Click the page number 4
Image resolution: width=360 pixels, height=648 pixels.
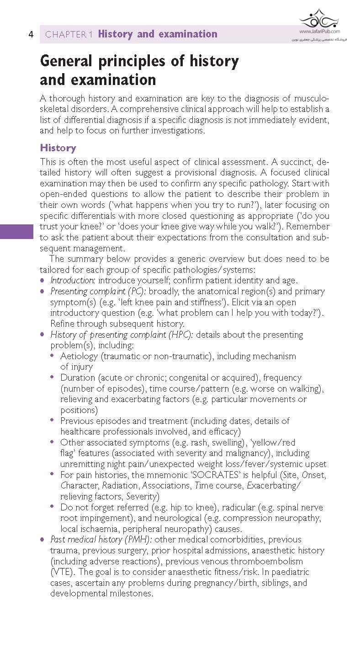click(31, 34)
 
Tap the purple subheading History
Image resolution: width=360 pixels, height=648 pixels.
click(58, 148)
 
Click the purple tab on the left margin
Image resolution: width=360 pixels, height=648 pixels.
click(16, 231)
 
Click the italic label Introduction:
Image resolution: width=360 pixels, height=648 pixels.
click(73, 280)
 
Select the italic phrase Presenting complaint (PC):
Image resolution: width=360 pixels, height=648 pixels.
click(99, 291)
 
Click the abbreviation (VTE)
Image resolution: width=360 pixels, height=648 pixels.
click(61, 572)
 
